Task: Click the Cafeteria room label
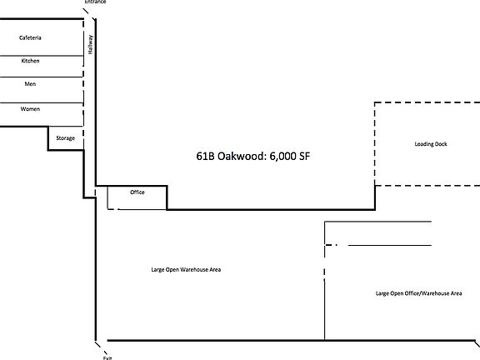coord(30,38)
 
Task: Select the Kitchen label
coord(30,61)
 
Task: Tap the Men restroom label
coord(30,83)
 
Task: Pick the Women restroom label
coord(30,109)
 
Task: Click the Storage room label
coord(65,137)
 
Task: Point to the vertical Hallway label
coord(90,43)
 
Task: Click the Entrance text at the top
coord(95,2)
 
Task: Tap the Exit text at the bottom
coord(107,357)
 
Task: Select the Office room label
coord(137,192)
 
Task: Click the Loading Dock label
coord(431,144)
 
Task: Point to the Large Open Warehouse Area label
coord(186,269)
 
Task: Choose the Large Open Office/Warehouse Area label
coord(418,293)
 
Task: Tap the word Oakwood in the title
coord(238,156)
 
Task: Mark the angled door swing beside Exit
coord(98,345)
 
